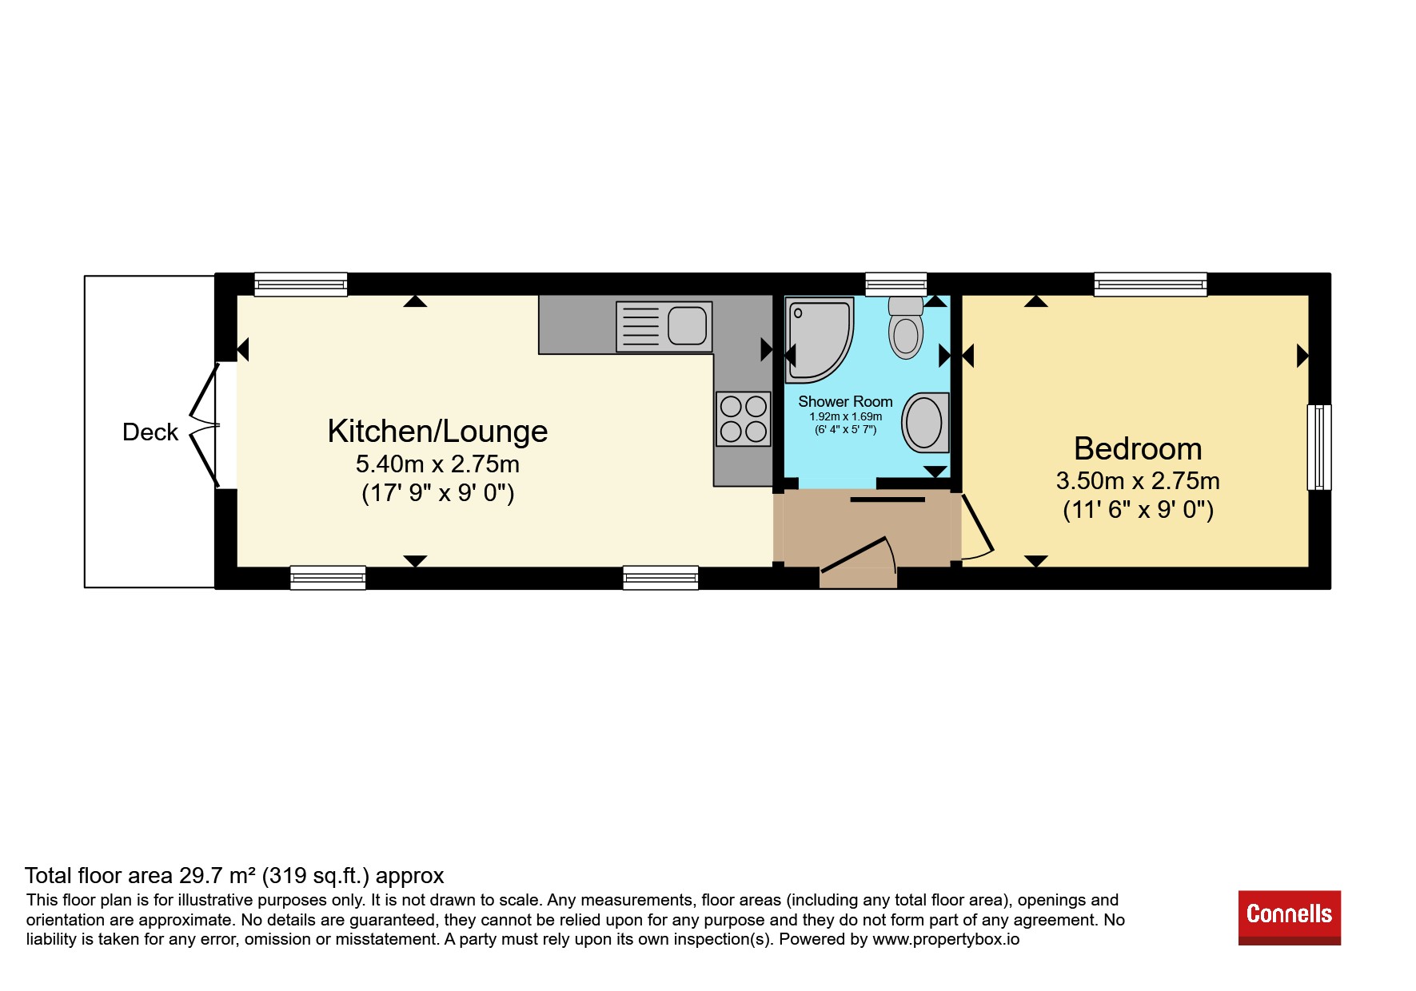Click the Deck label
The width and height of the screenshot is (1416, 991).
click(150, 432)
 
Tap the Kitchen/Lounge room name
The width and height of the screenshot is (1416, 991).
click(437, 432)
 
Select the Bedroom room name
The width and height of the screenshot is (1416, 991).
click(1138, 449)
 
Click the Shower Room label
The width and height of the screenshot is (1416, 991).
click(845, 402)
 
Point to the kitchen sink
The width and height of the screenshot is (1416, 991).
click(664, 326)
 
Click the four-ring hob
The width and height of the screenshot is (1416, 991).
click(744, 419)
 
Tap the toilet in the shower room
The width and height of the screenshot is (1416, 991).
click(906, 328)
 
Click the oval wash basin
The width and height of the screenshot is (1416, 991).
click(925, 422)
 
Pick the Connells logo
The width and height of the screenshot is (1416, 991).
click(1289, 917)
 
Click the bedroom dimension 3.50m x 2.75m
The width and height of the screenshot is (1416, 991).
click(1138, 481)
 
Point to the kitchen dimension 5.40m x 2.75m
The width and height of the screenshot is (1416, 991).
click(437, 464)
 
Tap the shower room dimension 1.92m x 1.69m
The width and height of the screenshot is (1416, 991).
click(845, 416)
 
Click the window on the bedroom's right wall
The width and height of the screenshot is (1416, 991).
click(1319, 448)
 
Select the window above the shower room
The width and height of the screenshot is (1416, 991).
click(896, 285)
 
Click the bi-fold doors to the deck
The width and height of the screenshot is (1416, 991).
click(205, 425)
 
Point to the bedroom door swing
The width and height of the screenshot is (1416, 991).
click(977, 527)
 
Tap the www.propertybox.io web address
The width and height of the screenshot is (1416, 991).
click(946, 940)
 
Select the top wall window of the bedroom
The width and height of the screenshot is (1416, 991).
click(1151, 285)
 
